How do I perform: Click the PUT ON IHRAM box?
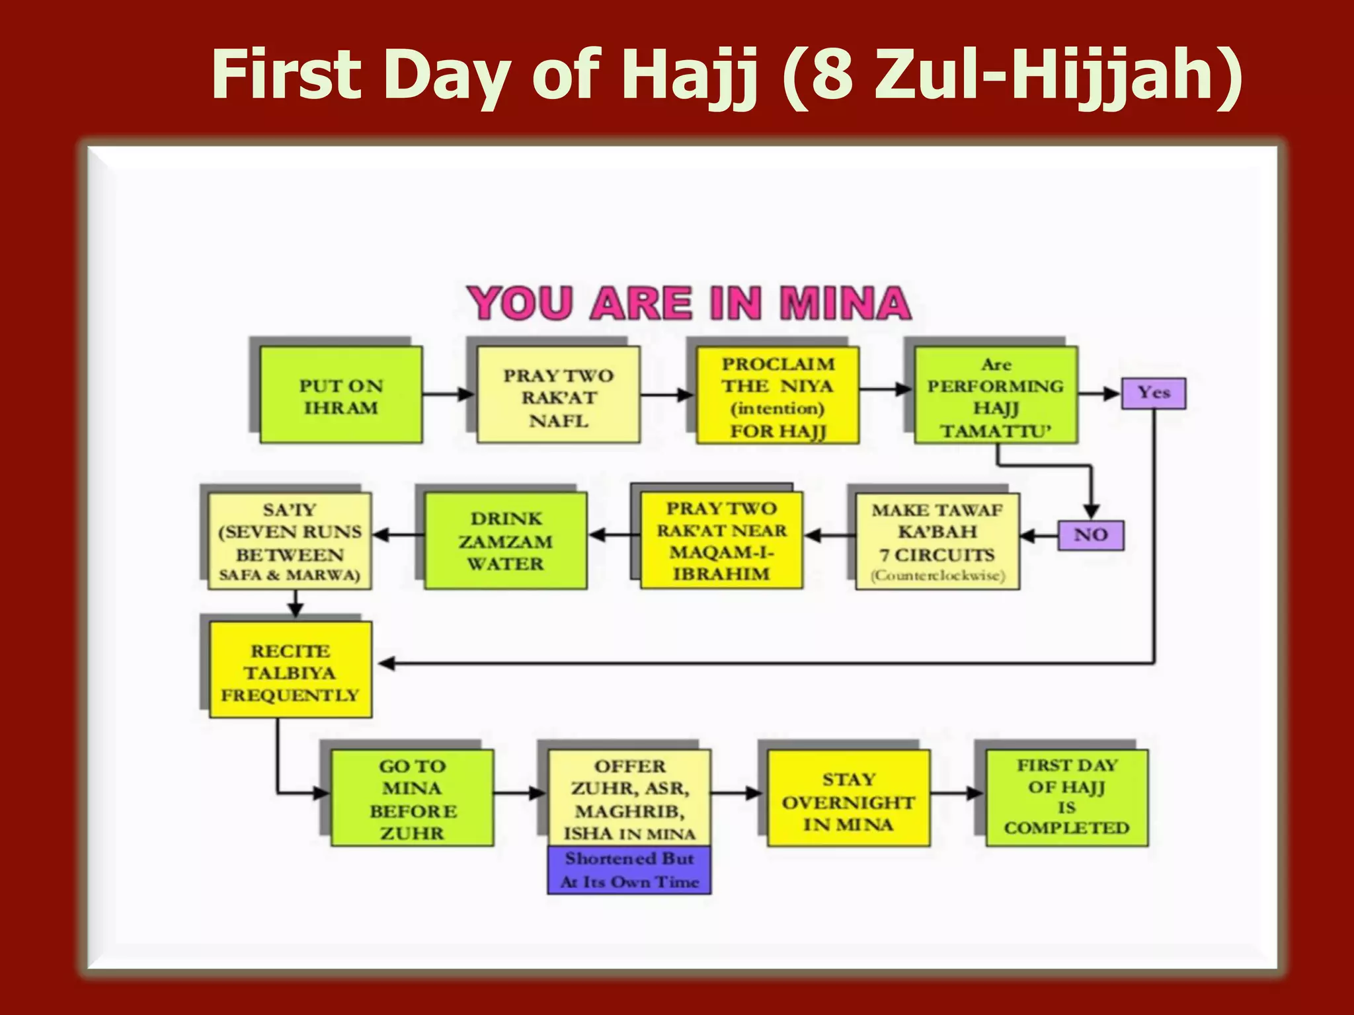coord(340,395)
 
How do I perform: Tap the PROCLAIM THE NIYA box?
coord(777,395)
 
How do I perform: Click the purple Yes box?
coord(1153,393)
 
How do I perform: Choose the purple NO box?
coord(1090,535)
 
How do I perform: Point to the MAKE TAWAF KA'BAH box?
coord(937,541)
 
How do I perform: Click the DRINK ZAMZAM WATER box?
coord(505,541)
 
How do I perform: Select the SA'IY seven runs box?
coord(290,541)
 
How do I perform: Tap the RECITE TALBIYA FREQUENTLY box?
coord(290,671)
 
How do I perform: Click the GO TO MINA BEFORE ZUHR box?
coord(412,798)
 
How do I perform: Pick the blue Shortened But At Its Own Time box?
coord(629,870)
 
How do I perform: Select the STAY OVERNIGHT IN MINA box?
coord(848,798)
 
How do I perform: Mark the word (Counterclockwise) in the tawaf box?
coord(937,576)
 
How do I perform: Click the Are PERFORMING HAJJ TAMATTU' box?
coord(996,395)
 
